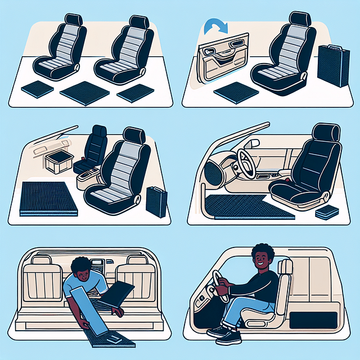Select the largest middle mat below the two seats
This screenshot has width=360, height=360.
pos(84,90)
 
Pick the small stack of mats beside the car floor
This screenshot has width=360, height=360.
pos(326,213)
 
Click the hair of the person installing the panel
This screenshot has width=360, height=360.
pos(84,264)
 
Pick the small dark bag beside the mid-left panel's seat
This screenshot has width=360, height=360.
pos(156,201)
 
